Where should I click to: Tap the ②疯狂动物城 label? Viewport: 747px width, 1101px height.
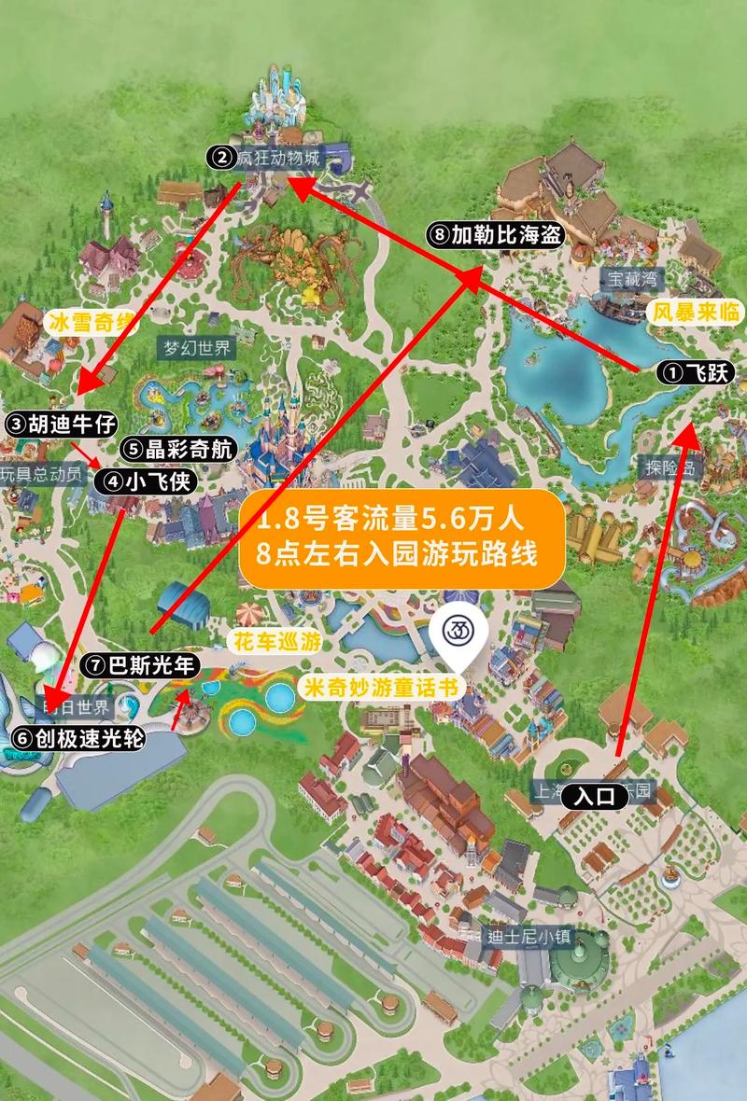point(265,159)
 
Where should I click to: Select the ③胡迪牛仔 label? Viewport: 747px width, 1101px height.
point(62,424)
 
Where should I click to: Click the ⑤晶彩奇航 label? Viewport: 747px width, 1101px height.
point(176,448)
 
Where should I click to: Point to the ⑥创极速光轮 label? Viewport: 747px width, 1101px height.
point(78,738)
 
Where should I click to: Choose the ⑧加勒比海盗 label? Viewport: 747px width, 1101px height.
point(496,235)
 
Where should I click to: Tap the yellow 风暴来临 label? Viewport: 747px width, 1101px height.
point(696,311)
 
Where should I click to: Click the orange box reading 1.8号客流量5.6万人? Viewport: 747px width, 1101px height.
point(403,538)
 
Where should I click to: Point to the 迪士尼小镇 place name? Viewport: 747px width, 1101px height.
point(528,937)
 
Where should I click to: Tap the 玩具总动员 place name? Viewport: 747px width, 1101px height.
point(41,474)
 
